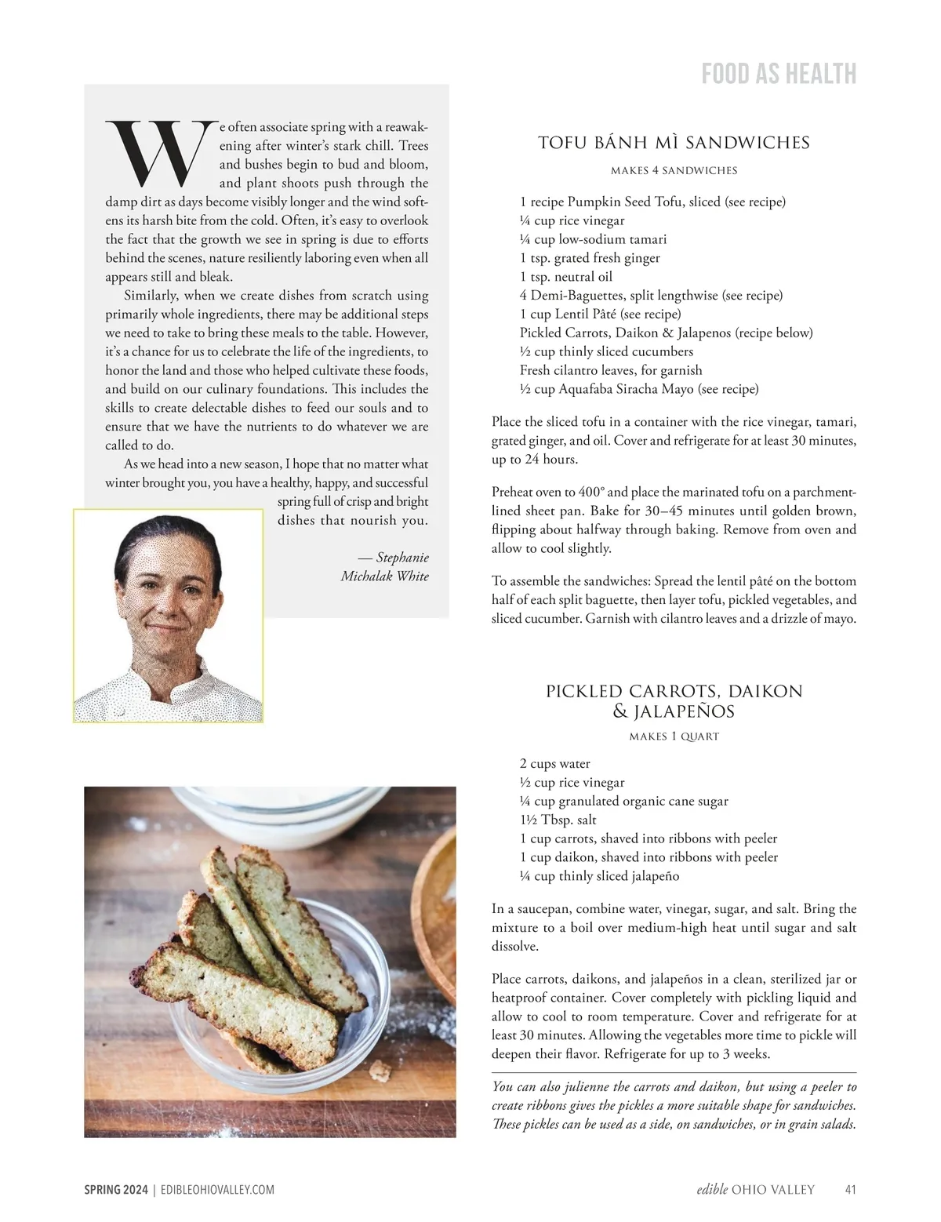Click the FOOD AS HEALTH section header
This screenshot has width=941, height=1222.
tap(778, 74)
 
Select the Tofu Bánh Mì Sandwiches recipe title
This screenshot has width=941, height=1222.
tap(674, 143)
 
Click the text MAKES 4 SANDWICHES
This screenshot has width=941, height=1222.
tap(674, 170)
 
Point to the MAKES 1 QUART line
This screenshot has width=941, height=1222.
tap(674, 736)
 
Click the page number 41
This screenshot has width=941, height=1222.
tap(850, 1190)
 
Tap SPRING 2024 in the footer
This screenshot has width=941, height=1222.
tap(116, 1190)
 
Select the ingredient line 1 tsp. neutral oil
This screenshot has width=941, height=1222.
tap(565, 277)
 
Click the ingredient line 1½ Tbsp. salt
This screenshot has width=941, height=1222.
tap(558, 820)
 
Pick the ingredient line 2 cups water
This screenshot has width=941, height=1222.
tap(554, 764)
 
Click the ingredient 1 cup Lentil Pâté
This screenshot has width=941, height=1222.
tap(600, 315)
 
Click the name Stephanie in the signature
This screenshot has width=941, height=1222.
tap(402, 558)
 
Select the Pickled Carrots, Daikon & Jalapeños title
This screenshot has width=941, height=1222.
tap(674, 701)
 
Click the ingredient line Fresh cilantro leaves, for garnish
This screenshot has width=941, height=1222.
tap(611, 370)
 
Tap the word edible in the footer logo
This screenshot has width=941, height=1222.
tap(712, 1190)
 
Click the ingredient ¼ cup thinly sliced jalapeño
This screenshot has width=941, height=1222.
tap(599, 876)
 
